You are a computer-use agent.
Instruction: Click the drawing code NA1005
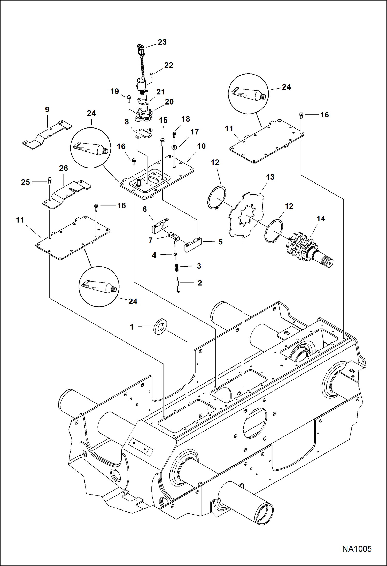(357, 549)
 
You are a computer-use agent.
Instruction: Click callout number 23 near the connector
(162, 42)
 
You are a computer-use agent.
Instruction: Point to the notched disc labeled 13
(247, 214)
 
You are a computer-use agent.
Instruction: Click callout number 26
(64, 168)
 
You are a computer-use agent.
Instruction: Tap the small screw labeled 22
(152, 75)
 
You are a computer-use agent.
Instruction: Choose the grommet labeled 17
(174, 148)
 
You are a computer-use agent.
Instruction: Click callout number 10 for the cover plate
(201, 146)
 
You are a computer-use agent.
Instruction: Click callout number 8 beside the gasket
(127, 122)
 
